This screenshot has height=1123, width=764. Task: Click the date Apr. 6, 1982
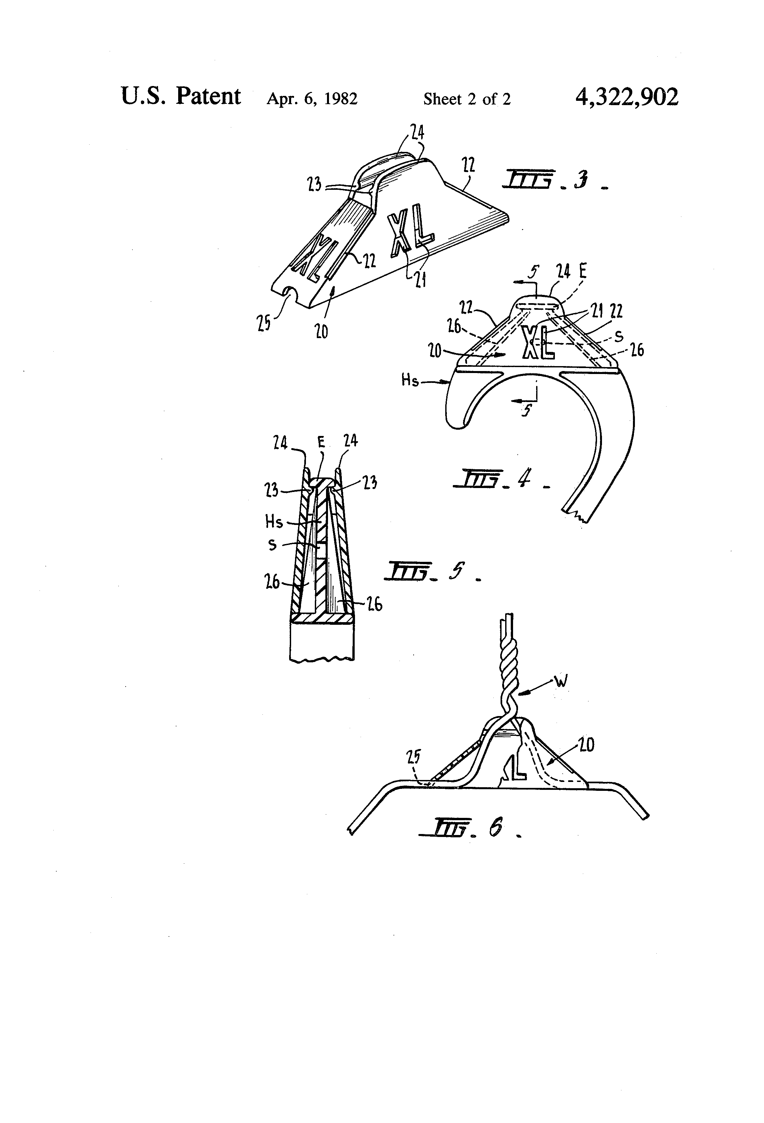(312, 99)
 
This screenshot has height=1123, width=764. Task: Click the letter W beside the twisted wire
(561, 682)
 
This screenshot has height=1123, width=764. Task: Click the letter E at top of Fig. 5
(321, 442)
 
